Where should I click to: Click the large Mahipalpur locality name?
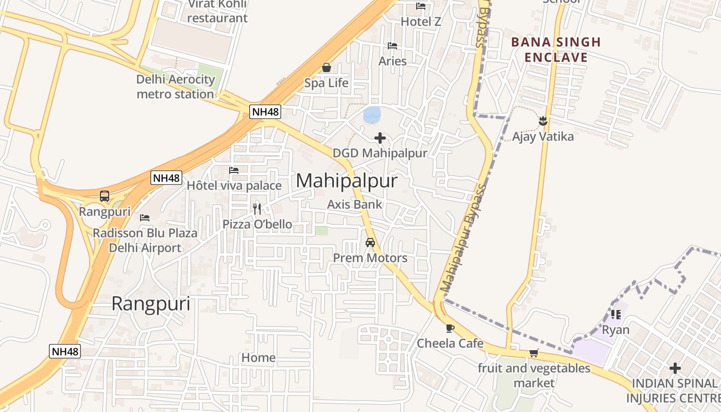click(x=347, y=181)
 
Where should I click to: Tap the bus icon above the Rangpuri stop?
click(x=105, y=196)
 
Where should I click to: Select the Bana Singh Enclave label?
click(x=556, y=49)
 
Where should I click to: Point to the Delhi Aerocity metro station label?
click(x=175, y=87)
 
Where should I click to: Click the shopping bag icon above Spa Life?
click(x=326, y=67)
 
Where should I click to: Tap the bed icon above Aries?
click(x=392, y=46)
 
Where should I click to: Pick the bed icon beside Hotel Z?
click(x=421, y=7)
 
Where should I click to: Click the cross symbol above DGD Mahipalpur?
click(x=380, y=138)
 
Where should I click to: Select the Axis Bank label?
click(x=355, y=204)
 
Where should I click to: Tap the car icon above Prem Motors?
click(x=370, y=242)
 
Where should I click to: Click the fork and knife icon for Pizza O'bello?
click(x=257, y=209)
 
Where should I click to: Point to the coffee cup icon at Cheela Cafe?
click(x=450, y=328)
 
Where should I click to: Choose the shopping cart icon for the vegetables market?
click(x=534, y=353)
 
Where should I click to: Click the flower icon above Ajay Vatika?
click(x=542, y=122)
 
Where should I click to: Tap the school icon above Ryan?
click(x=615, y=314)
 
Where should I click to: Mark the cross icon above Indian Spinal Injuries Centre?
click(x=675, y=368)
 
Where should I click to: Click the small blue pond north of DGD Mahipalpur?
click(x=371, y=115)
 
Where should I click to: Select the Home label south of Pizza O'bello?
click(x=259, y=357)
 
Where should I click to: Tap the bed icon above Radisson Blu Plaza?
click(x=145, y=218)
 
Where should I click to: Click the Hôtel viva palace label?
click(x=234, y=185)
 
